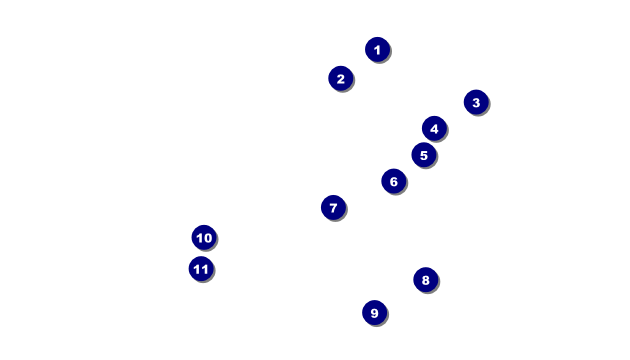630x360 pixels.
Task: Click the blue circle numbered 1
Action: [x=377, y=49]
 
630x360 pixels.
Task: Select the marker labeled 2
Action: [x=341, y=78]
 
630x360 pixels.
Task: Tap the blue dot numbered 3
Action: [x=476, y=102]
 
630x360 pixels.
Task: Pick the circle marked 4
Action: [x=434, y=129]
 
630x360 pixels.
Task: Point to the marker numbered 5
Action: [x=424, y=155]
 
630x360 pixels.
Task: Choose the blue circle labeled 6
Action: [x=394, y=181]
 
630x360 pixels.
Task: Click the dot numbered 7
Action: [x=333, y=208]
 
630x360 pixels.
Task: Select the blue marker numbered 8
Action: [x=425, y=280]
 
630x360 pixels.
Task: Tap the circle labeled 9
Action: [x=374, y=313]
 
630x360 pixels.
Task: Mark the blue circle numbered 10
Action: [x=204, y=237]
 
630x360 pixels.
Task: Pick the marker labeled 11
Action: [x=201, y=269]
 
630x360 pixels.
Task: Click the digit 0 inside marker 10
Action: [x=208, y=238]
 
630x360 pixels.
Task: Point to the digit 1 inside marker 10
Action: [x=199, y=238]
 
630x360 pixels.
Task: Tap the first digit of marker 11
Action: [x=197, y=269]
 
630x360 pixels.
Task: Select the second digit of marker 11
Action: [x=205, y=269]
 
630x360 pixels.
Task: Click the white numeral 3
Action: [x=476, y=103]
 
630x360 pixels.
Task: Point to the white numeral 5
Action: [x=424, y=155]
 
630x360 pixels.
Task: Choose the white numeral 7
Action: [x=333, y=208]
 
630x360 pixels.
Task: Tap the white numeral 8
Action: [x=425, y=280]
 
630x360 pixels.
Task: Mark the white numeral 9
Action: [x=374, y=313]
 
